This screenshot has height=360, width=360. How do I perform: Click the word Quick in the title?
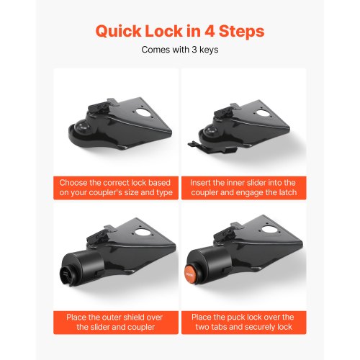[119, 32]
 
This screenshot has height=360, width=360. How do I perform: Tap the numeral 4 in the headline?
[210, 31]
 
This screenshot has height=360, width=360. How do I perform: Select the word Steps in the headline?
[242, 32]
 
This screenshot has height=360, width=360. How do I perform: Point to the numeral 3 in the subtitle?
[194, 50]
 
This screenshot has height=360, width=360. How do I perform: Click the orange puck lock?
[190, 274]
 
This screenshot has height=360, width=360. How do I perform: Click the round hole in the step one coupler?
[143, 112]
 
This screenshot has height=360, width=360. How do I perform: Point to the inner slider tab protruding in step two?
[195, 145]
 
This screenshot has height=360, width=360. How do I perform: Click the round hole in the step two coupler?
[264, 113]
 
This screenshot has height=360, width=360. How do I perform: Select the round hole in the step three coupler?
[142, 232]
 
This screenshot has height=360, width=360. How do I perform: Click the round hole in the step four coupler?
[269, 229]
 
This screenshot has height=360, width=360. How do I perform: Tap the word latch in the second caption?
[287, 192]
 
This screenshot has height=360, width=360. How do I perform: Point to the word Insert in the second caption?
[200, 183]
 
